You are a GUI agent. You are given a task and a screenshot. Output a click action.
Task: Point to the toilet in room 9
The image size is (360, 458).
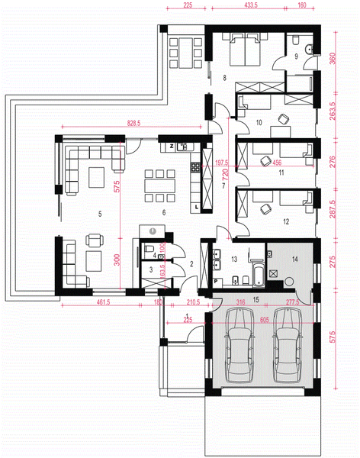tap(307, 50)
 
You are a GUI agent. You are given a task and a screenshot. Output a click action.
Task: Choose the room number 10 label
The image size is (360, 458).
tap(259, 122)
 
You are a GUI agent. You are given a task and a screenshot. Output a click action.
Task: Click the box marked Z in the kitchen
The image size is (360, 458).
tap(172, 145)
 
